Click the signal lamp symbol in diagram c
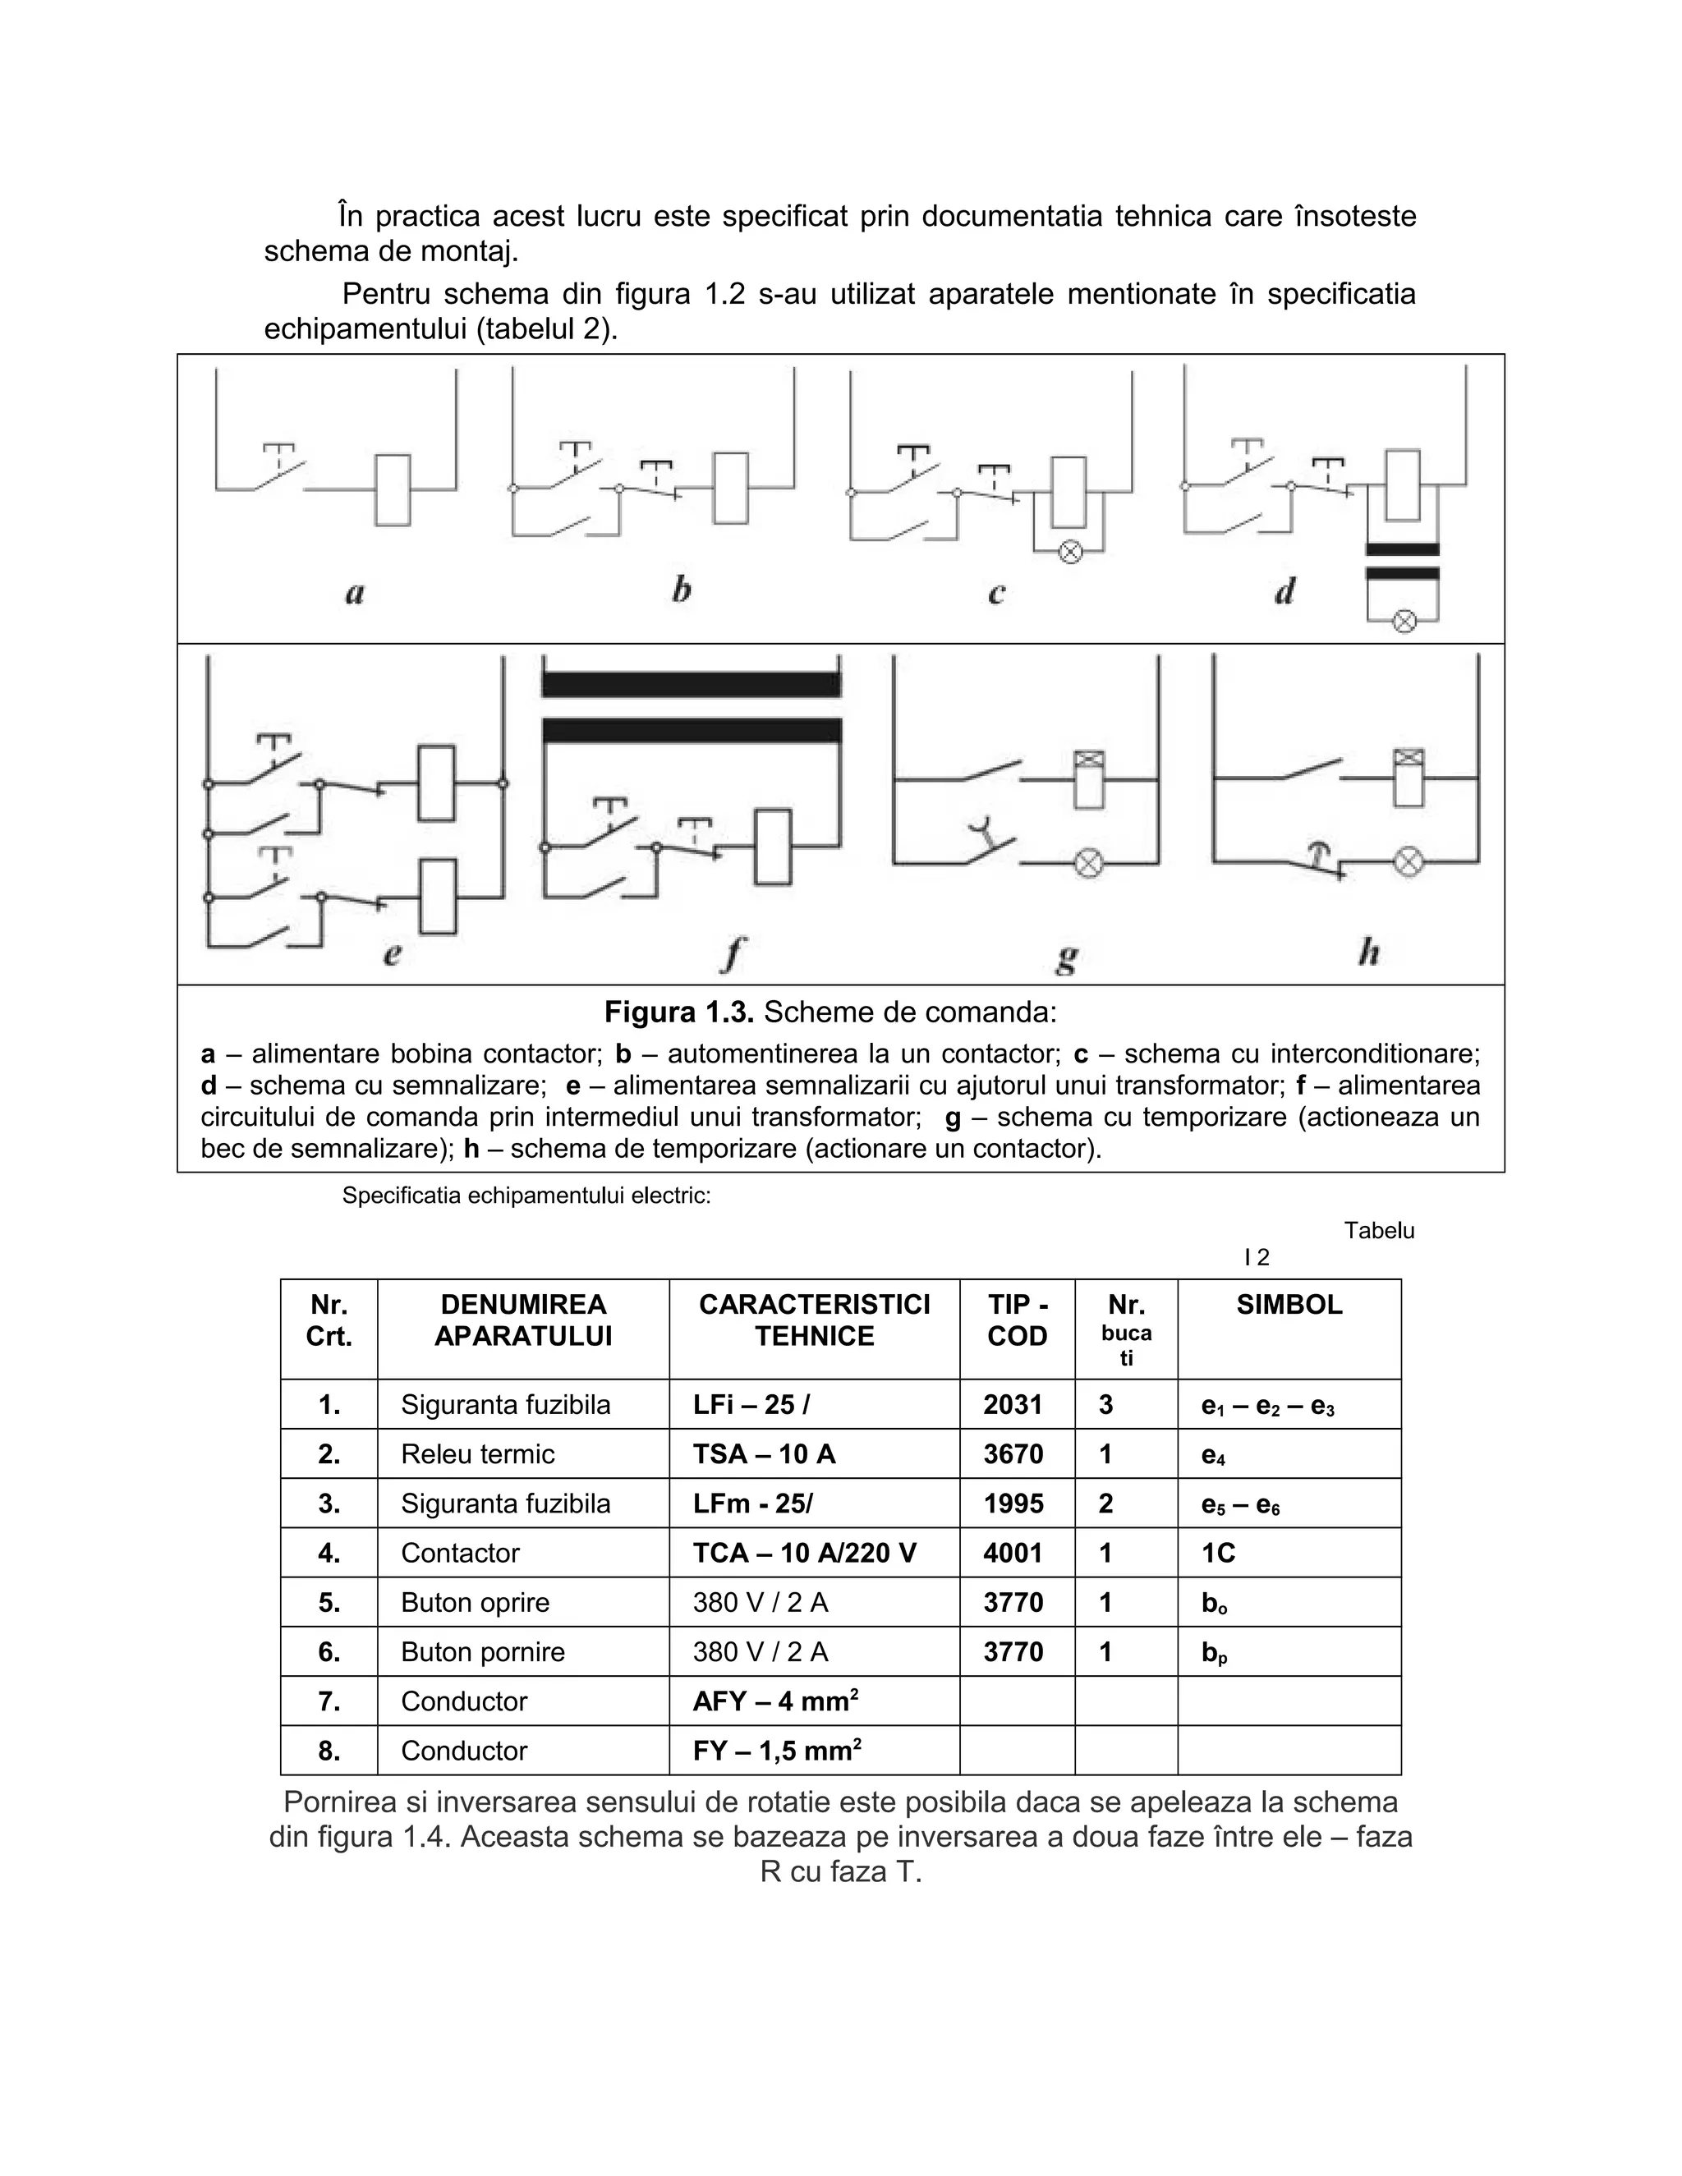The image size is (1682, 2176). pos(1070,551)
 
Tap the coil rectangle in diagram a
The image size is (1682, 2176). pos(393,490)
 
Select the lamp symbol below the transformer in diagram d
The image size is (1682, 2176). pos(1404,622)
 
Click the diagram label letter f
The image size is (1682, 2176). pos(733,953)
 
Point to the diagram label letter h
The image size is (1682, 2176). pos(1369,953)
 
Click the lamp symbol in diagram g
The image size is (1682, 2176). pos(1089,863)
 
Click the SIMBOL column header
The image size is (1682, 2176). pos(1289,1306)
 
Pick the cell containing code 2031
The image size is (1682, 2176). pos(1013,1405)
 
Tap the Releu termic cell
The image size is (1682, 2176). pos(477,1455)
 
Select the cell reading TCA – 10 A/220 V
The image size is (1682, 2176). pos(804,1554)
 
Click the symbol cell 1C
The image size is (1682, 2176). pos(1219,1554)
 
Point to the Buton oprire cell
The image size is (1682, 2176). pos(476,1603)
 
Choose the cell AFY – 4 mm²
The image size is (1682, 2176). pos(776,1701)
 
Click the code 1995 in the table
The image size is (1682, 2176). pos(1013,1503)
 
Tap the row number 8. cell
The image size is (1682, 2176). pos(329,1751)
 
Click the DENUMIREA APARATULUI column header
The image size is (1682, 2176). pos(523,1320)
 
